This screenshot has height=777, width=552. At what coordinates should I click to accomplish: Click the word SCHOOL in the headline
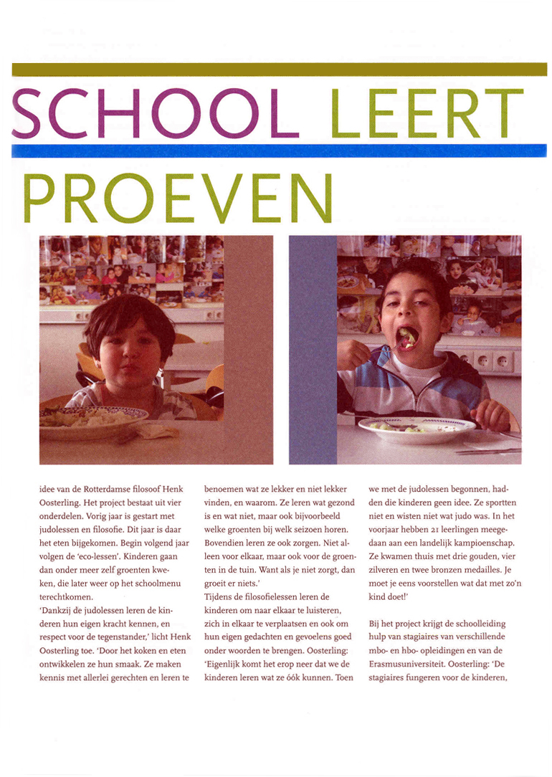coord(154,113)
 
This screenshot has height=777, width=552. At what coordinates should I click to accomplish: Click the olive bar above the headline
coord(279,69)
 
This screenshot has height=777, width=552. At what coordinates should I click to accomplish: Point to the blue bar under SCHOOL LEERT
coord(279,151)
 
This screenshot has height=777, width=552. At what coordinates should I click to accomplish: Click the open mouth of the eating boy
coord(406,336)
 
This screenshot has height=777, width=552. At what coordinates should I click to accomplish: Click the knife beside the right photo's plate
coord(487,451)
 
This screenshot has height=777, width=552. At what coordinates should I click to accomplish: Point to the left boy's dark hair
coord(129,315)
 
